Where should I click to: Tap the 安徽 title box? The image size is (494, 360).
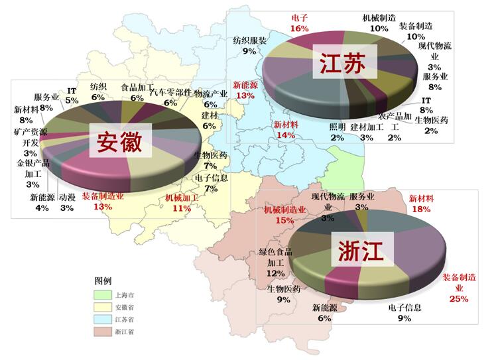(x=121, y=141)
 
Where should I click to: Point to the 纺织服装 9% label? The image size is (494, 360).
(x=249, y=45)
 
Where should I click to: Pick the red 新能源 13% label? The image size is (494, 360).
(x=245, y=90)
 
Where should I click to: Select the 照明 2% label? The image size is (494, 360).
(x=337, y=132)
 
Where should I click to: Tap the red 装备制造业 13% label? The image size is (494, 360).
(x=103, y=202)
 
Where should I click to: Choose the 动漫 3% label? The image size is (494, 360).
(x=67, y=202)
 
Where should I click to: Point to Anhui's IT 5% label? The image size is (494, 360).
(x=72, y=95)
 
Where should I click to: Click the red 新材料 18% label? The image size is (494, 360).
(x=421, y=203)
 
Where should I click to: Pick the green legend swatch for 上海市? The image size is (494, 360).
(x=103, y=294)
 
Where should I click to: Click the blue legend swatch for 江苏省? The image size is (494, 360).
(x=103, y=319)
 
